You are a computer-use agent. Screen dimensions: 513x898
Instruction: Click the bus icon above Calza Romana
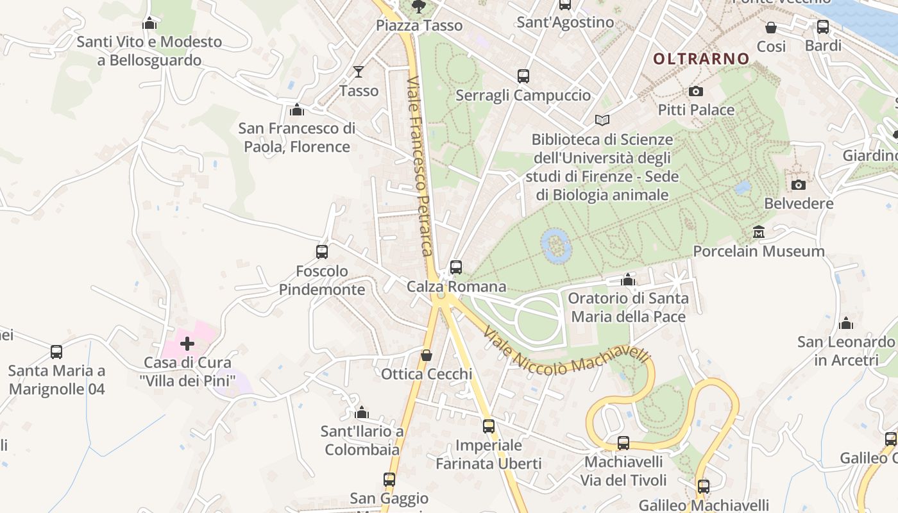(x=456, y=267)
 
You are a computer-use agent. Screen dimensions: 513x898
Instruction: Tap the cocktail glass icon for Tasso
(x=359, y=71)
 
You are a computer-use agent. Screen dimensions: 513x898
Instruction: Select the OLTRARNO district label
(x=701, y=58)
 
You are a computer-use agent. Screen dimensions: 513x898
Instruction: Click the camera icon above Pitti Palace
(x=696, y=92)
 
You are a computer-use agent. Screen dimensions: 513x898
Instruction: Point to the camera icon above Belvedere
(x=799, y=185)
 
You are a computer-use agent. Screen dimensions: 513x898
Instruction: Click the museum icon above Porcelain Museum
(x=759, y=231)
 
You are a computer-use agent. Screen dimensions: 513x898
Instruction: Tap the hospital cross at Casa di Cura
(x=187, y=344)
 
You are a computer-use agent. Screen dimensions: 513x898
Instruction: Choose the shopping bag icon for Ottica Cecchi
(x=427, y=355)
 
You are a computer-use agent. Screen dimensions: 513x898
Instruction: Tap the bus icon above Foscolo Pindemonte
(x=322, y=251)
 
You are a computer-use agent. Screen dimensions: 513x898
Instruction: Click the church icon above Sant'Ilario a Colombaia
(x=362, y=412)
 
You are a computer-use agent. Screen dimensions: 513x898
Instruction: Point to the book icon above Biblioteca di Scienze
(x=602, y=120)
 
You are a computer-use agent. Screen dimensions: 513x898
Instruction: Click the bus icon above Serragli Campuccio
(x=523, y=76)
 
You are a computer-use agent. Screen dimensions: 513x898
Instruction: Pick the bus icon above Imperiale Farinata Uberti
(x=489, y=426)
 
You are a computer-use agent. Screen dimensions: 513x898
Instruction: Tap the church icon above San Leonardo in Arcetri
(x=846, y=323)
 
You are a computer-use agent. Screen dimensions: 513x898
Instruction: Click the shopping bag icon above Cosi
(x=771, y=28)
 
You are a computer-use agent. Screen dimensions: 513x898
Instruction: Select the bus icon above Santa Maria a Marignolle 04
(x=56, y=351)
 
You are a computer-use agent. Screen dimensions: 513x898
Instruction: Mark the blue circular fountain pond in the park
(x=555, y=246)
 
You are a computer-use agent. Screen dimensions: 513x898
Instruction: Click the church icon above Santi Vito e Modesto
(x=149, y=23)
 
